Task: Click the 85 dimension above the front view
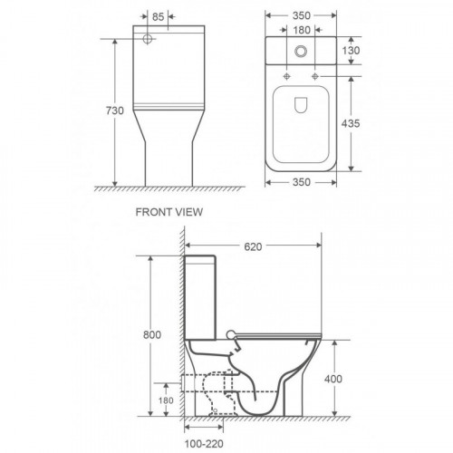(158, 16)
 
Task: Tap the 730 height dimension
(115, 111)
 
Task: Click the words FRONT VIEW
(169, 212)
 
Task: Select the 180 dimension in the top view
(302, 30)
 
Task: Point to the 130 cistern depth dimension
(351, 51)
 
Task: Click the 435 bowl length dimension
(351, 123)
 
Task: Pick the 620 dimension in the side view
(253, 246)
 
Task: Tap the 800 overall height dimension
(152, 334)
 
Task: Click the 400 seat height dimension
(333, 379)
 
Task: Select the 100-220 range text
(204, 444)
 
